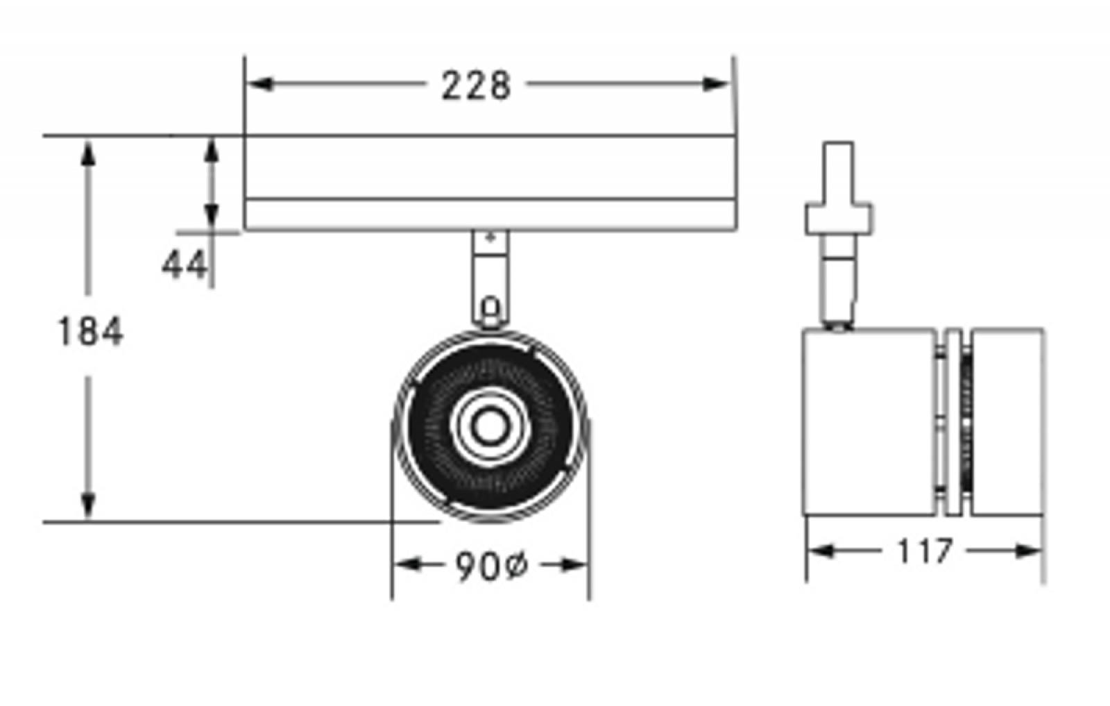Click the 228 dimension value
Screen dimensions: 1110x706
[476, 86]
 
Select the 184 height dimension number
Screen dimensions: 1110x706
[90, 331]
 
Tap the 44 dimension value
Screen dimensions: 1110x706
[184, 264]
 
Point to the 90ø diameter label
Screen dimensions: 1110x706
[491, 566]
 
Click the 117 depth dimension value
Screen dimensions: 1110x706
[925, 550]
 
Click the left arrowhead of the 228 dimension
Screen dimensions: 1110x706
[259, 84]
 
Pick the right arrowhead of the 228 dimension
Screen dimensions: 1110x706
[716, 84]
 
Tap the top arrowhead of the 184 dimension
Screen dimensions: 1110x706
[88, 153]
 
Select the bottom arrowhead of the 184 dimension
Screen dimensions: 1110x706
[88, 506]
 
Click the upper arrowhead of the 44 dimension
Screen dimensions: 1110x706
[212, 150]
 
